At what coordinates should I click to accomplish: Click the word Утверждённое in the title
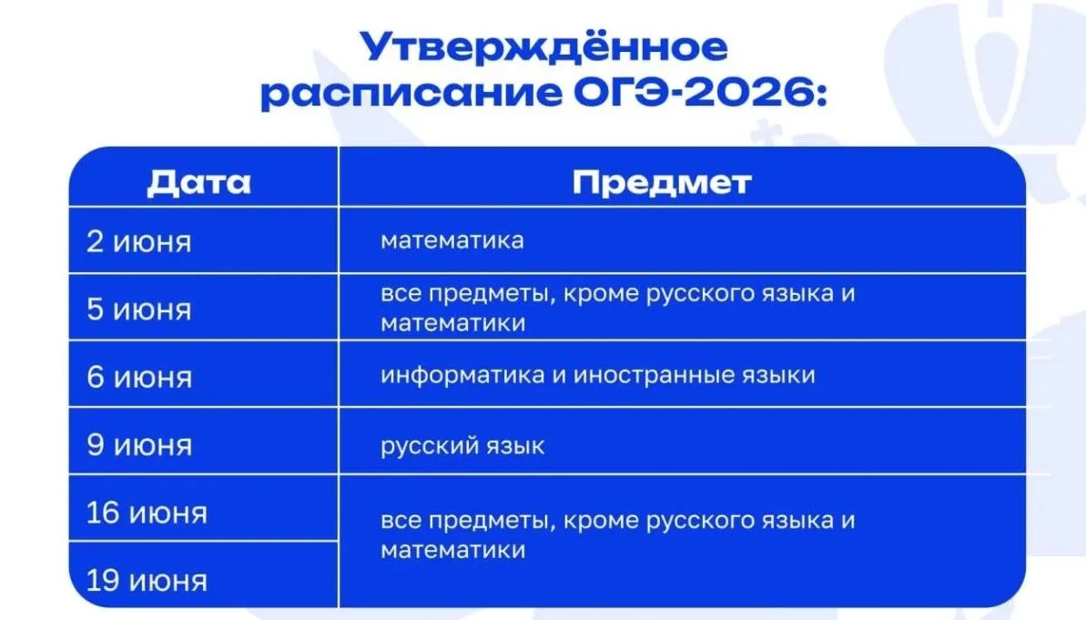(543, 48)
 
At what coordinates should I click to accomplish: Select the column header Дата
(198, 183)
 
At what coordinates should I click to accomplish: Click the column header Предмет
(662, 183)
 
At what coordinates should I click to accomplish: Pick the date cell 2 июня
(138, 242)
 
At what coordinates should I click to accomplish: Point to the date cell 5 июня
(138, 309)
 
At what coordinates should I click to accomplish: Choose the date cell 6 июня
(139, 378)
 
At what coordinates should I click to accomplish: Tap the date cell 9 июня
(139, 444)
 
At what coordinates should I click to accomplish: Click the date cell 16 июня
(147, 513)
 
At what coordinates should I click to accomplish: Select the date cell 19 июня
(147, 581)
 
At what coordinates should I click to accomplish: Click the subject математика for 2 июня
(452, 241)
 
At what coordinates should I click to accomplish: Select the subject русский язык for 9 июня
(462, 445)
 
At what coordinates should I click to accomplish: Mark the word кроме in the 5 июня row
(601, 294)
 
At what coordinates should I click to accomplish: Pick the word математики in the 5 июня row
(453, 323)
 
